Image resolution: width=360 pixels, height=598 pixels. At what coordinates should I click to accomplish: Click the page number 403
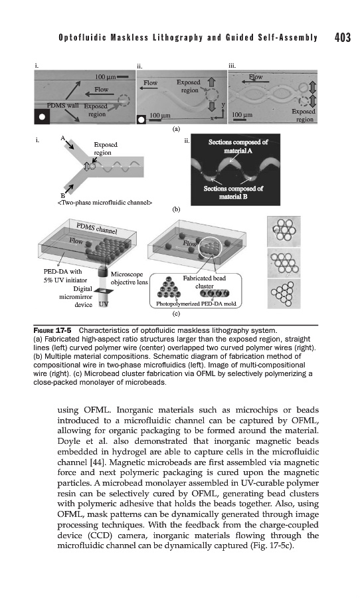(x=343, y=37)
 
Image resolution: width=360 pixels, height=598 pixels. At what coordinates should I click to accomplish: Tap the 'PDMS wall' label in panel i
(x=62, y=105)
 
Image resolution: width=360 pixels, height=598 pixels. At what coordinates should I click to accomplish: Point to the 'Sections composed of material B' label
(x=233, y=192)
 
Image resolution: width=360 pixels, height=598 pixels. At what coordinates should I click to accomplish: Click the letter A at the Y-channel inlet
(x=62, y=138)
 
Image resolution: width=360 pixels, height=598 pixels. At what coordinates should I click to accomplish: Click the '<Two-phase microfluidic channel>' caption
(x=104, y=203)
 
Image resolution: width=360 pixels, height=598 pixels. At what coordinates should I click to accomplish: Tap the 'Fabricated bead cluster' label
(x=205, y=282)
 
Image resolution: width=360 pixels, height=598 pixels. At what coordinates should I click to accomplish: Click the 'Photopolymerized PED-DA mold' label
(x=196, y=304)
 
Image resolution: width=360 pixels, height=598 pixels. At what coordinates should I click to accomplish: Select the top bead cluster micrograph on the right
(x=284, y=231)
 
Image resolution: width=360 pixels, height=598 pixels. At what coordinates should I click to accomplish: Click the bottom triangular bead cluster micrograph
(x=284, y=294)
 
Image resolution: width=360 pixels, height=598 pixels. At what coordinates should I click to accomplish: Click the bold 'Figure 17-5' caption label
(x=52, y=330)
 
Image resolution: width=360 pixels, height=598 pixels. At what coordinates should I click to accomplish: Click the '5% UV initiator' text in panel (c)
(x=65, y=280)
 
